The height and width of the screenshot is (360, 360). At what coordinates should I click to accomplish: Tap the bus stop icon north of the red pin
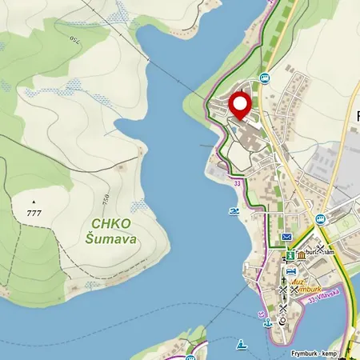(x=265, y=78)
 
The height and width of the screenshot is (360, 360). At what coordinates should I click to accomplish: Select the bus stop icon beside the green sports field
(x=321, y=218)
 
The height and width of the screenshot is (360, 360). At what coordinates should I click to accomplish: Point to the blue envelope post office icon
(x=286, y=238)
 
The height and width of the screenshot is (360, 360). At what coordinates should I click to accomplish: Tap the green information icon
(x=290, y=255)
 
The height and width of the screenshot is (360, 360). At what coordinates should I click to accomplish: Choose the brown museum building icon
(x=302, y=254)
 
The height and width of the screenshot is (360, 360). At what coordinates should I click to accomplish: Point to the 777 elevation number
(x=33, y=213)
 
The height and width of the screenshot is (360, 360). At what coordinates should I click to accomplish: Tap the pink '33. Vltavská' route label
(x=323, y=294)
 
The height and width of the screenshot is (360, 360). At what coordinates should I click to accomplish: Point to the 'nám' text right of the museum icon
(x=328, y=252)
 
